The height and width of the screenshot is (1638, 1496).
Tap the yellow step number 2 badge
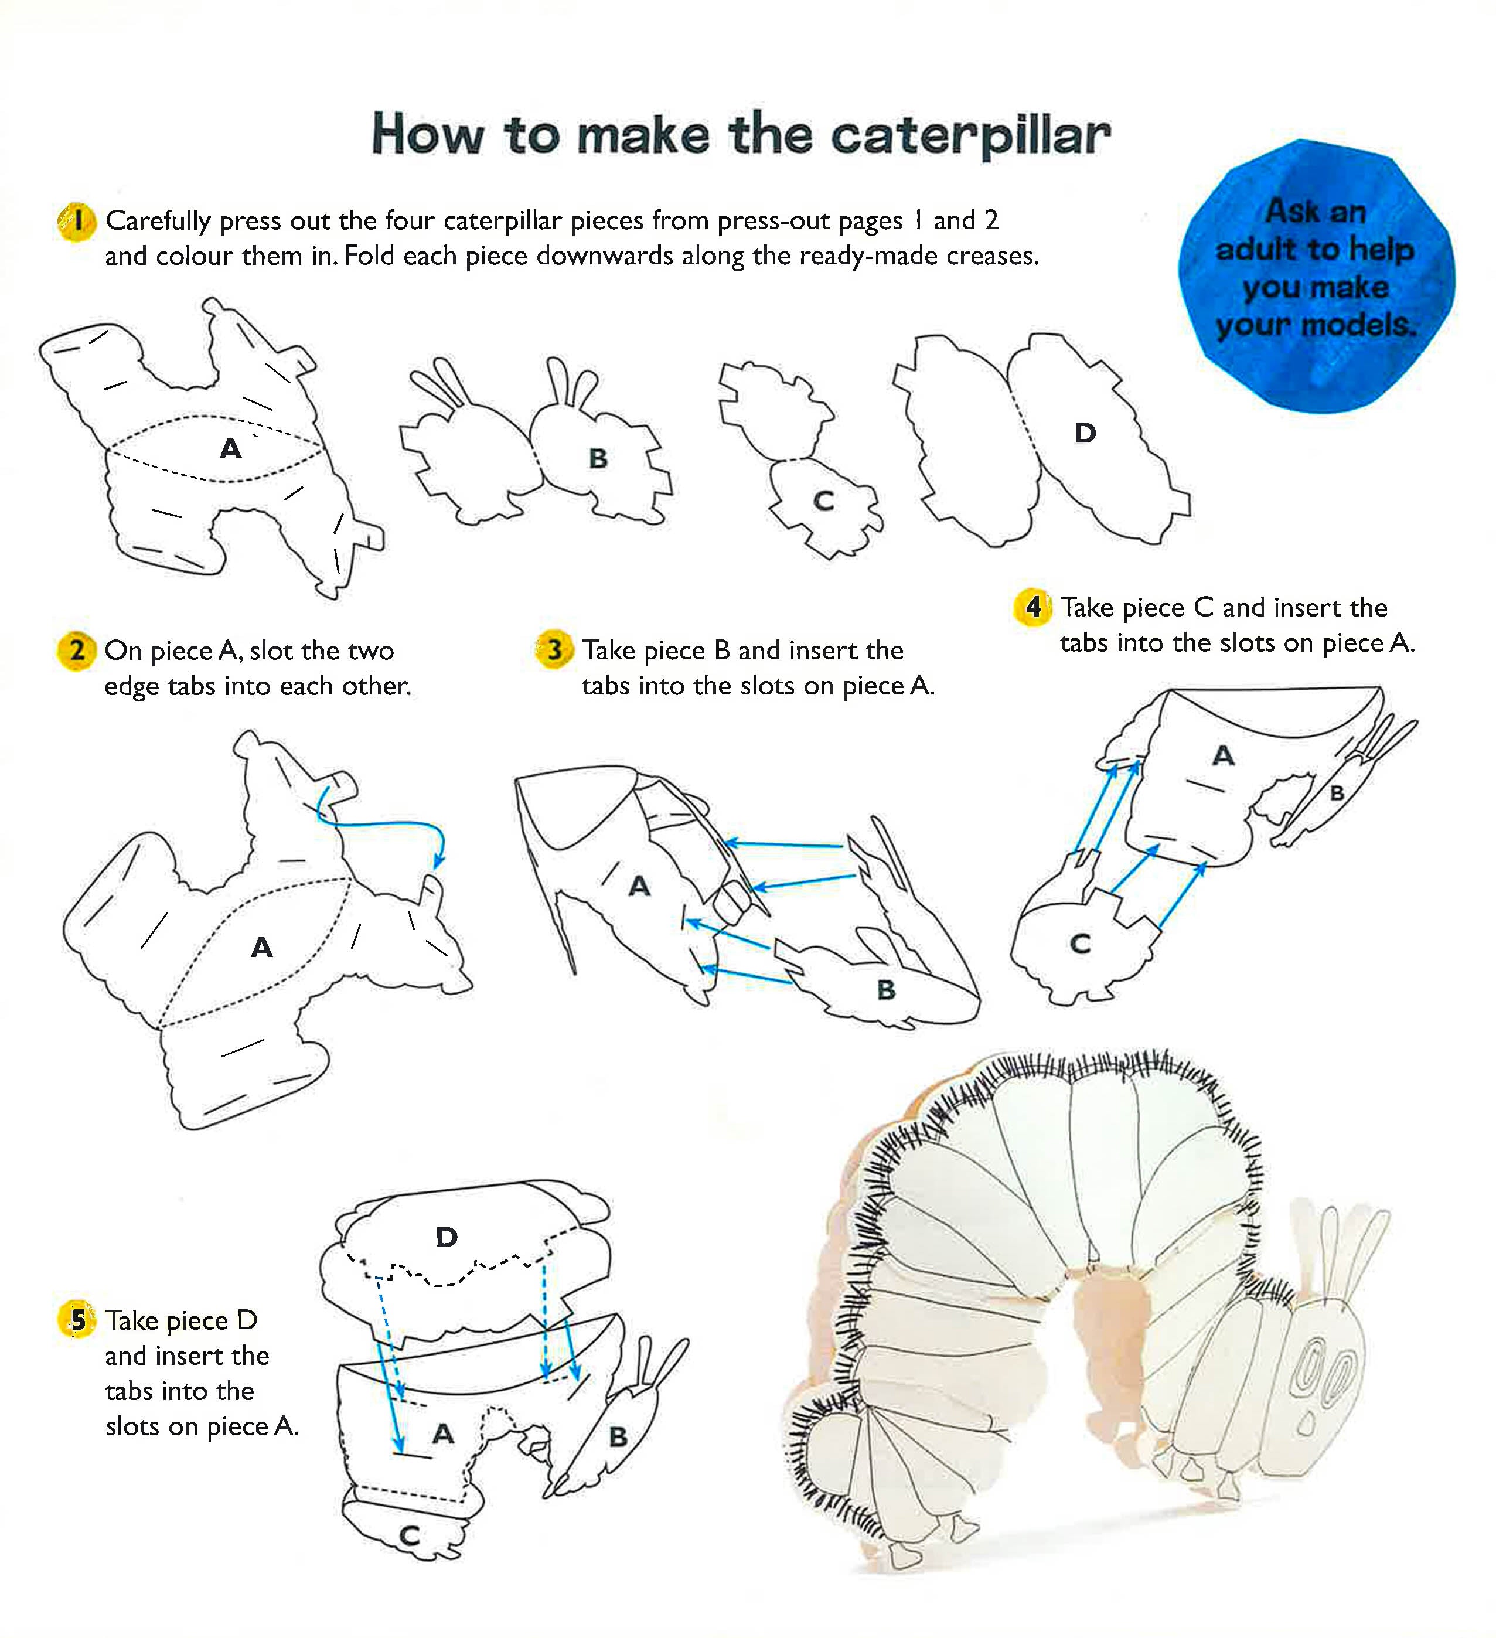(x=76, y=651)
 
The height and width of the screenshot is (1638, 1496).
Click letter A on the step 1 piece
(x=231, y=448)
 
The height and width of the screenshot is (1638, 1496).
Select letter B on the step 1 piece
(x=598, y=458)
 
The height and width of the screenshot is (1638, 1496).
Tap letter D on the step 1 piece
(x=1085, y=433)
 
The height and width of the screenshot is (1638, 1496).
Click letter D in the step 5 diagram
(x=446, y=1238)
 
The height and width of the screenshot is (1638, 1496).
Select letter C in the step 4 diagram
(x=1080, y=944)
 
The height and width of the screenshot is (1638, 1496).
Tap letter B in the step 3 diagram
(x=886, y=990)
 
